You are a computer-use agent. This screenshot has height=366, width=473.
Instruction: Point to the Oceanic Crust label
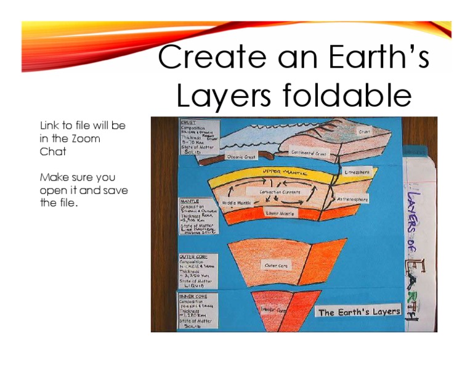241,157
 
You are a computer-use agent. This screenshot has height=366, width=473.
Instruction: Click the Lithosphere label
357,173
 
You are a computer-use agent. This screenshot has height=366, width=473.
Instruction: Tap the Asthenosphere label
353,200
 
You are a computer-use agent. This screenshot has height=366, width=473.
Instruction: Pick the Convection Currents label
280,192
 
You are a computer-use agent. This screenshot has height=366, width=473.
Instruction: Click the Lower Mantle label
280,213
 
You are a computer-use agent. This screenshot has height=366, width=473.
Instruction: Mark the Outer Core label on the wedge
276,266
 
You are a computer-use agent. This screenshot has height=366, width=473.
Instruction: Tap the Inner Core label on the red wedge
274,310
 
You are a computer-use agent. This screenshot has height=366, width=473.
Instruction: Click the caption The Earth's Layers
359,312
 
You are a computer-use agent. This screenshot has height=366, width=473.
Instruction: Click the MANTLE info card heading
188,201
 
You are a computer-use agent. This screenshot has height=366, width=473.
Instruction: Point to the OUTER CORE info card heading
193,256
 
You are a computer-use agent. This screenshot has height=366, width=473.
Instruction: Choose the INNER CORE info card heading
193,296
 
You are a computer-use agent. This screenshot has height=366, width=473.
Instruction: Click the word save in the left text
116,190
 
